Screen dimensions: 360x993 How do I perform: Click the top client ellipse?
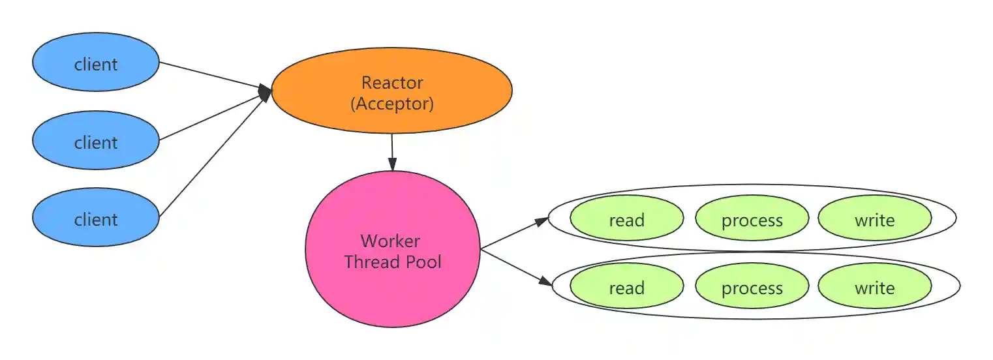point(96,63)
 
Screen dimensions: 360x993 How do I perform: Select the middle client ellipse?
point(96,141)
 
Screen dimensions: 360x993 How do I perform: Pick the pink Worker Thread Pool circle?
point(393,251)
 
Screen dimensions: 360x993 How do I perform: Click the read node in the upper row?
point(626,220)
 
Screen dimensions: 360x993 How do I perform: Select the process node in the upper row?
point(752,220)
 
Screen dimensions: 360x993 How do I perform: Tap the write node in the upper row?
point(874,220)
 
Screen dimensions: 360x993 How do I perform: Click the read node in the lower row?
point(626,288)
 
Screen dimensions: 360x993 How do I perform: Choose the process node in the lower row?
point(752,288)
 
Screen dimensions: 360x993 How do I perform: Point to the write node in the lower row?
point(874,288)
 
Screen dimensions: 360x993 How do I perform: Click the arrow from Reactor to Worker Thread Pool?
point(391,152)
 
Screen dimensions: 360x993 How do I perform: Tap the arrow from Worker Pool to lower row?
point(515,267)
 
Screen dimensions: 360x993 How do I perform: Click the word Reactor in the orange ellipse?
point(392,82)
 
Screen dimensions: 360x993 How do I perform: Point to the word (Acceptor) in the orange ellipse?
point(392,103)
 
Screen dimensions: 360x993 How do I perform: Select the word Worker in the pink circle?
point(390,241)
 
